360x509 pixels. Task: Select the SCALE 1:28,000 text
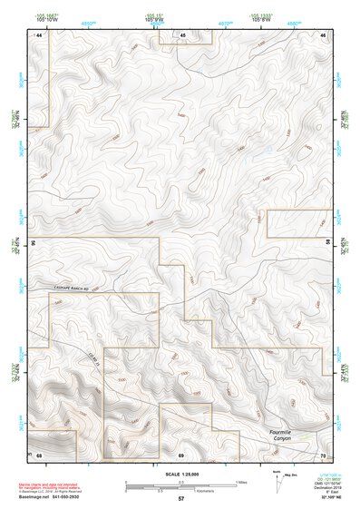[x=181, y=475]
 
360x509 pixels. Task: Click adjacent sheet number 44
[x=40, y=34]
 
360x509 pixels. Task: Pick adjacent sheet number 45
[x=181, y=34]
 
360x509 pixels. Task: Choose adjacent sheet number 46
[x=323, y=34]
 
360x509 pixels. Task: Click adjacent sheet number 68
[x=40, y=454]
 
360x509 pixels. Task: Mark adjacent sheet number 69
[x=181, y=454]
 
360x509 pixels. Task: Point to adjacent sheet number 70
[x=323, y=454]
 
